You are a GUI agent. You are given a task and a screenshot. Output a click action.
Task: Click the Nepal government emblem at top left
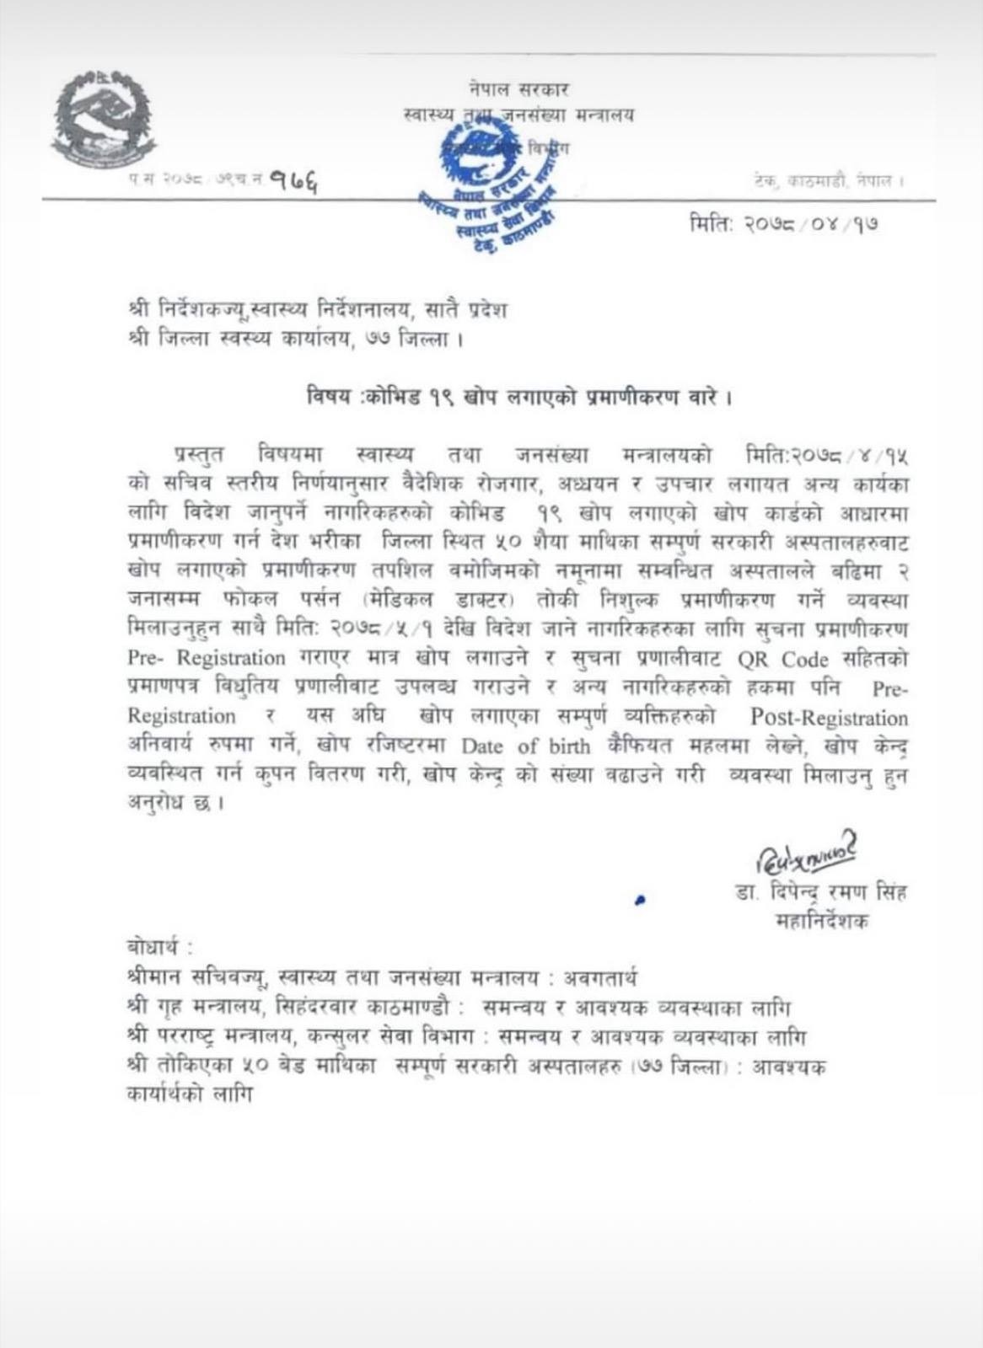[x=104, y=118]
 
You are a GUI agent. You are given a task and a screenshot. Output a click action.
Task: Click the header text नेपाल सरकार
[x=520, y=88]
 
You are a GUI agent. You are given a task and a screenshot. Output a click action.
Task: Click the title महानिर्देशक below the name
[x=822, y=922]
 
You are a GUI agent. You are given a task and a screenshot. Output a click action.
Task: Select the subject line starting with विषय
[x=518, y=398]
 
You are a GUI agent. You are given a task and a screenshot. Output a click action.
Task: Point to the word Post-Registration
[x=830, y=718]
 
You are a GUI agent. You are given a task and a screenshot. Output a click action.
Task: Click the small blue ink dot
[x=640, y=900]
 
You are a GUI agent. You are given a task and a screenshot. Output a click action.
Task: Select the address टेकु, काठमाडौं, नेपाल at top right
[x=829, y=180]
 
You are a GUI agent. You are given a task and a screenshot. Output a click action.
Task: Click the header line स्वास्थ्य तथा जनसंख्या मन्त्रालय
[x=519, y=115]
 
